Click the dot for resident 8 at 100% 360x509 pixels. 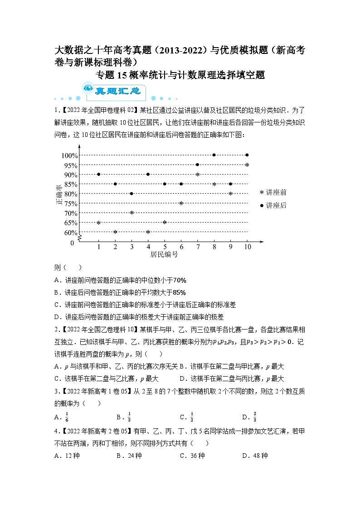click(x=214, y=155)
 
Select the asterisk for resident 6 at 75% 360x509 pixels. click(x=181, y=204)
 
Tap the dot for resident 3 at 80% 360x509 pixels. click(x=131, y=194)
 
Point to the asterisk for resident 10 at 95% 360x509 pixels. click(x=247, y=165)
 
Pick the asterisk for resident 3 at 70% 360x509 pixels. click(x=131, y=213)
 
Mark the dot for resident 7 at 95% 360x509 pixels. click(x=197, y=165)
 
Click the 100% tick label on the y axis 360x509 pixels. click(x=69, y=155)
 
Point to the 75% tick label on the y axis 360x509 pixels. click(x=71, y=204)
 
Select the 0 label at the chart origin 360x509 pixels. click(x=72, y=243)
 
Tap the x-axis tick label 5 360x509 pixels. click(x=165, y=247)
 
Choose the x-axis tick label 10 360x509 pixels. click(x=247, y=247)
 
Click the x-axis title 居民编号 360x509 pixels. click(x=164, y=255)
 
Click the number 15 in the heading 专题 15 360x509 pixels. click(x=122, y=75)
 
